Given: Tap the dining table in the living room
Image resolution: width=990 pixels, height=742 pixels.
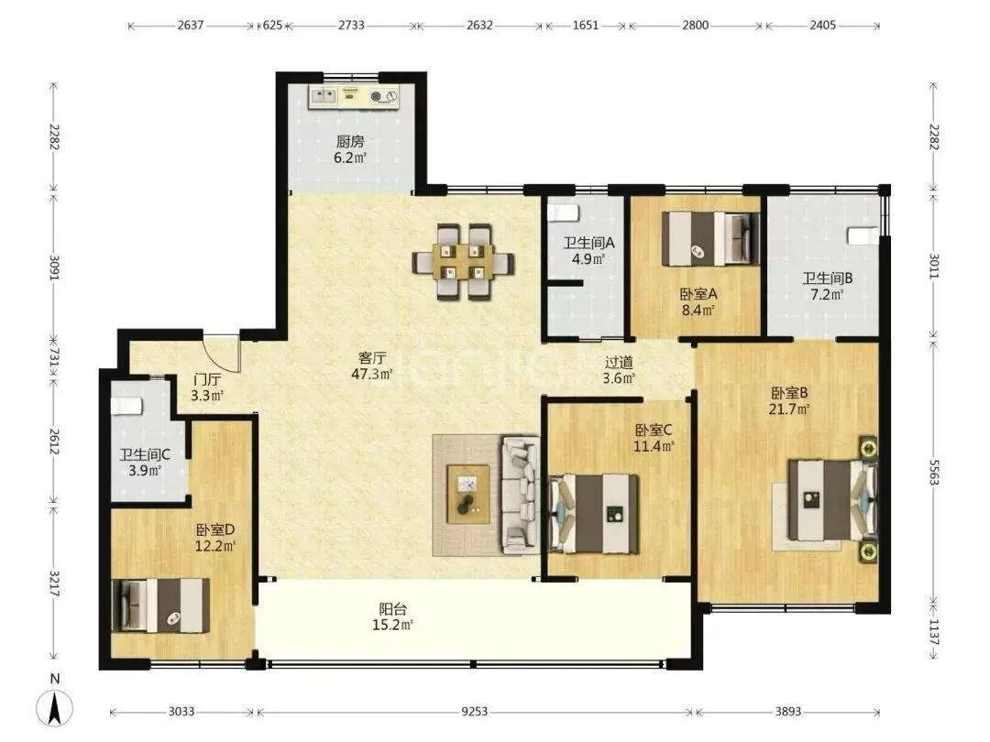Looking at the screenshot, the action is [x=463, y=262].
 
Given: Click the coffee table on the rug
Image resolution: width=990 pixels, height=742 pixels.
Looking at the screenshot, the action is [x=467, y=494].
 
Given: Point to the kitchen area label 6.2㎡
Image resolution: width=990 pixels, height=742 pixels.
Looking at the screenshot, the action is [x=350, y=158].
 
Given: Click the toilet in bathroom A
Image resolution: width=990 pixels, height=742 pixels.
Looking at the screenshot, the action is [x=563, y=213].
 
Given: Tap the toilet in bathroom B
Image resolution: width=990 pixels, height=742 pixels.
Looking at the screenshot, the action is [x=863, y=236].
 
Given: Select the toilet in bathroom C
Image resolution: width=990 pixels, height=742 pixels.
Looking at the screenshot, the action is [x=126, y=405].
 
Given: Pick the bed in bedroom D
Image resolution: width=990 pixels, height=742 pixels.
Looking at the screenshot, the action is [x=160, y=606].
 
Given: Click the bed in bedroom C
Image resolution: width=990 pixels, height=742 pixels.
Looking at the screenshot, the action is [x=593, y=514].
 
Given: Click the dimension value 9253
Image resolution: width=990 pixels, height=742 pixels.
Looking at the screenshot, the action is [x=474, y=712].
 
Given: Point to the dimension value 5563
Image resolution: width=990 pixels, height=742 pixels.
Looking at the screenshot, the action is [x=934, y=472].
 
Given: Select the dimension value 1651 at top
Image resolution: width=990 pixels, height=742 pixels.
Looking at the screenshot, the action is [x=585, y=26].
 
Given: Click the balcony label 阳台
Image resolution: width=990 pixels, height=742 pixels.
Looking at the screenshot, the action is [x=392, y=609].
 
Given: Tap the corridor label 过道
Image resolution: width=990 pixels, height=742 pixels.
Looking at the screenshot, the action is [x=619, y=362].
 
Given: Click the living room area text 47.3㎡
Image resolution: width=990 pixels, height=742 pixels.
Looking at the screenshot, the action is [x=372, y=374].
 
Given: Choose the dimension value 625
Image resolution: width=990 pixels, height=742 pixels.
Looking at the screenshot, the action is [x=272, y=26].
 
